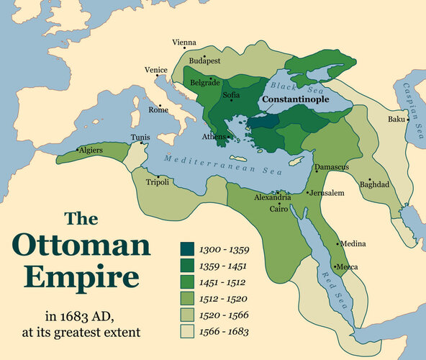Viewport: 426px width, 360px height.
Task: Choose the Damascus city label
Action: pyautogui.click(x=332, y=168)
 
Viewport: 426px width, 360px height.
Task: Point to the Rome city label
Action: pyautogui.click(x=158, y=109)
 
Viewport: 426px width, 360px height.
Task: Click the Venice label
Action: pyautogui.click(x=155, y=70)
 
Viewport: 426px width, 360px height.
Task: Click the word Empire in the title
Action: pyautogui.click(x=90, y=278)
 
